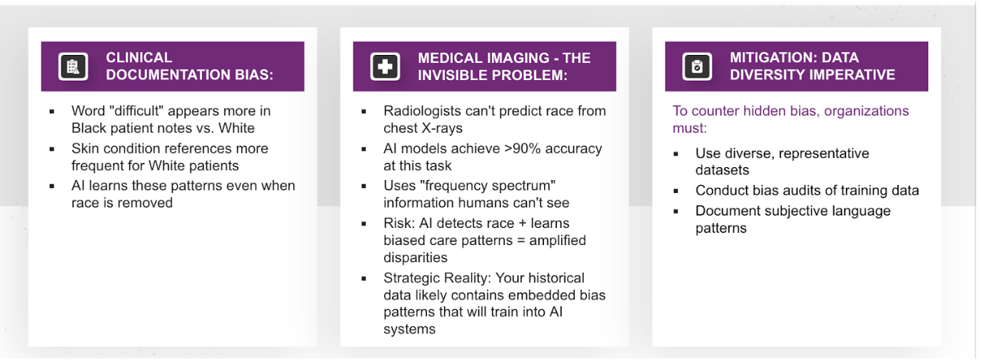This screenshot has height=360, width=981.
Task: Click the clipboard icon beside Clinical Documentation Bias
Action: click(x=73, y=66)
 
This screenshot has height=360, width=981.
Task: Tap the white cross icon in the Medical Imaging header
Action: click(x=385, y=66)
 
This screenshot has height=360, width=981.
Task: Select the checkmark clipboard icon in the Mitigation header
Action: click(x=697, y=66)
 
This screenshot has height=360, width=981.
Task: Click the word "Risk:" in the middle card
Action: click(x=399, y=223)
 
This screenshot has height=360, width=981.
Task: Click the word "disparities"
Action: click(x=416, y=258)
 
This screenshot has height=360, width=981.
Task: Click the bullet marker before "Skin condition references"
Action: click(x=52, y=149)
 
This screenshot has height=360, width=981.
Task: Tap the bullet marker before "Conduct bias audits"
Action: click(x=675, y=191)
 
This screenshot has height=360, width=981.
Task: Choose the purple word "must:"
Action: click(x=690, y=128)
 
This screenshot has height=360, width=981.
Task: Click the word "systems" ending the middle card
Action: click(x=410, y=329)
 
